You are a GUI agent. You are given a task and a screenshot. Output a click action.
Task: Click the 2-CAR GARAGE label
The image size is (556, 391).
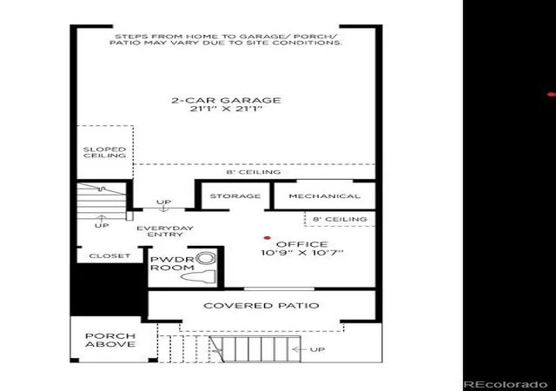[x=226, y=101]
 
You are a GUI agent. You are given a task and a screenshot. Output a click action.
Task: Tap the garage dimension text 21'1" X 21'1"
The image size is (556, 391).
[x=226, y=109]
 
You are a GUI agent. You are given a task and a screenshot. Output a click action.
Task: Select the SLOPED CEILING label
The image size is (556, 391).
[x=104, y=153]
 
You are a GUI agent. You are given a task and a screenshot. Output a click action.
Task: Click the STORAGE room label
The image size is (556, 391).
[x=235, y=195]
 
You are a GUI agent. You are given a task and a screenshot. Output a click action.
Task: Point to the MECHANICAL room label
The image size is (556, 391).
[x=324, y=196]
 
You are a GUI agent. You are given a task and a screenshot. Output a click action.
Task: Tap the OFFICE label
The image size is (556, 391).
[x=302, y=244]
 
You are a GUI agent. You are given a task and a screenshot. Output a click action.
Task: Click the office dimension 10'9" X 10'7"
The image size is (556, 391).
[x=302, y=253]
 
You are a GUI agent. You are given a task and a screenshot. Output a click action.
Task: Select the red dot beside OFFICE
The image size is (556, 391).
[x=268, y=238]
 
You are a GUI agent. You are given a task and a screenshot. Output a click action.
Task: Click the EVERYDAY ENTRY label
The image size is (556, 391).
[x=165, y=231]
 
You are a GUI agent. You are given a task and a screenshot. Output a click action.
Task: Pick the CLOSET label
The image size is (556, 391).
[x=110, y=255]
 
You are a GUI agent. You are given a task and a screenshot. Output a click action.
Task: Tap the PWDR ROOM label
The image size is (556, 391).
[x=172, y=263]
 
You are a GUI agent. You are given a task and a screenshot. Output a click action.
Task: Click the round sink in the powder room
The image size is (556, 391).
[x=206, y=258]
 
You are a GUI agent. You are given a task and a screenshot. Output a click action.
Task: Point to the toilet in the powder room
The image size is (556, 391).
[x=200, y=277]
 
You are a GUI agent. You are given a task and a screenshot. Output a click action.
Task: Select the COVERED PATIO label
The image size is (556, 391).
[x=261, y=306]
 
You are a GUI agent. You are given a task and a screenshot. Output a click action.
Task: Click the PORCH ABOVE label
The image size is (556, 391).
[x=110, y=340]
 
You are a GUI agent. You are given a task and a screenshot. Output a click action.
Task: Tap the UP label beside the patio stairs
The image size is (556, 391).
[x=317, y=349]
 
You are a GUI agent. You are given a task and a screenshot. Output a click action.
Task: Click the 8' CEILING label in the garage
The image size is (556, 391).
[x=254, y=172]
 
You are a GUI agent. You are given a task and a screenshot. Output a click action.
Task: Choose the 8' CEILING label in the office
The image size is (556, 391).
[x=340, y=219]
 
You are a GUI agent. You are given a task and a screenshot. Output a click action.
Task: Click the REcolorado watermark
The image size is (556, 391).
[x=506, y=384]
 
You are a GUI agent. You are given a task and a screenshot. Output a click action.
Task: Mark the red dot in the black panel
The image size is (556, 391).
[x=552, y=95]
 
